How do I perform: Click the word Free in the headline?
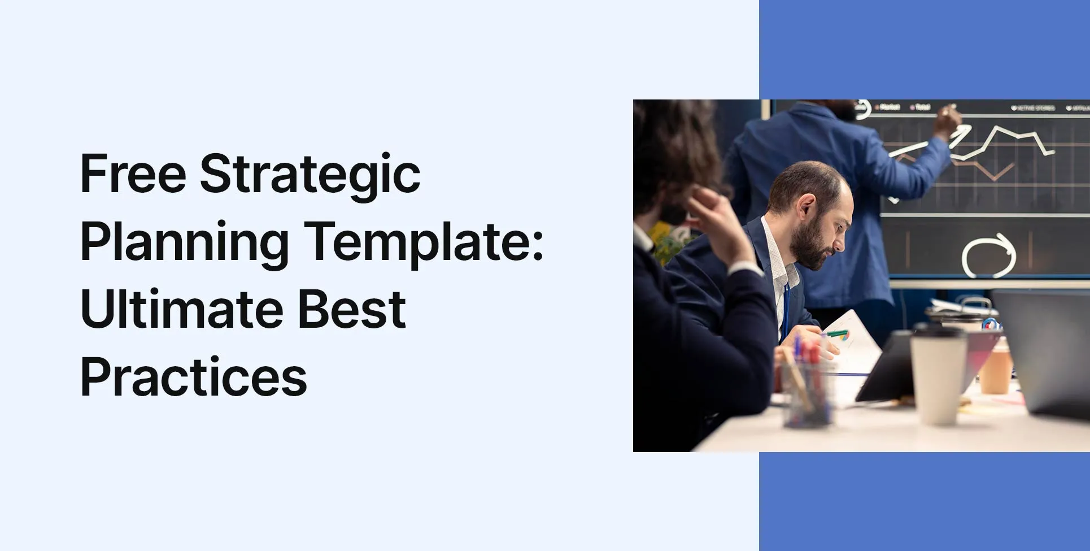point(133,173)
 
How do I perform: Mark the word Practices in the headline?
point(194,377)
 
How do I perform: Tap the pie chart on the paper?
point(844,337)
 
